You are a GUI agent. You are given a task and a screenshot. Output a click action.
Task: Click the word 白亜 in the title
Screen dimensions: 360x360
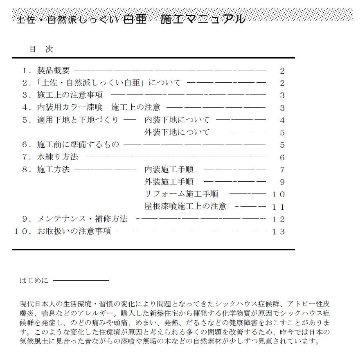click(x=135, y=19)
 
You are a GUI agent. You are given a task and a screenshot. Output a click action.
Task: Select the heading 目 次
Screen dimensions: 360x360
click(x=41, y=49)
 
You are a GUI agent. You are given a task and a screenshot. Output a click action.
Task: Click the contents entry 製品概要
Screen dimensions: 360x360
click(x=53, y=71)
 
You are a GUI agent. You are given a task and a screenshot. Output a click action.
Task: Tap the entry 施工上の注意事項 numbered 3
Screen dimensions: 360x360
click(x=70, y=95)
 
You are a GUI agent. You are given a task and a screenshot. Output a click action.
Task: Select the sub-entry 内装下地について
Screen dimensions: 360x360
click(x=177, y=120)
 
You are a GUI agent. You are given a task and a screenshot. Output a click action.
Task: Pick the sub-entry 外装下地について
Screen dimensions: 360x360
click(x=177, y=132)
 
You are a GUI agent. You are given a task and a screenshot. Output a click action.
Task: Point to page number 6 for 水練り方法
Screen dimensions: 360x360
click(x=282, y=157)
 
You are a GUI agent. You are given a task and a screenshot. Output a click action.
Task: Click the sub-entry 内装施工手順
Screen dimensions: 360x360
click(x=169, y=169)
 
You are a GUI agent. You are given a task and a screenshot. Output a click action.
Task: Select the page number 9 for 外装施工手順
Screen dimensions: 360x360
click(x=282, y=182)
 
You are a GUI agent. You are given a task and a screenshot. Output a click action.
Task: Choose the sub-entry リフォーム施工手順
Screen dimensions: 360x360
click(x=181, y=194)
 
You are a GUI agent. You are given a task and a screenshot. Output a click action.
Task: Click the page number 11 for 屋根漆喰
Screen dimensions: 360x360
click(x=278, y=207)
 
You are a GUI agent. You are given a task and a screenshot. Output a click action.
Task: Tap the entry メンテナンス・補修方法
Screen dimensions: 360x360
click(x=82, y=219)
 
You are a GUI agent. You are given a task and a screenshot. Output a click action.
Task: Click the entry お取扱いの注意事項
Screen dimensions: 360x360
click(x=74, y=231)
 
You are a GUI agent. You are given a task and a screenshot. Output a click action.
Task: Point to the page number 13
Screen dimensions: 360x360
click(x=278, y=232)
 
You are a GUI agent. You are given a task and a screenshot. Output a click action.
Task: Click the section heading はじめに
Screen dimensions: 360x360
click(x=34, y=281)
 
